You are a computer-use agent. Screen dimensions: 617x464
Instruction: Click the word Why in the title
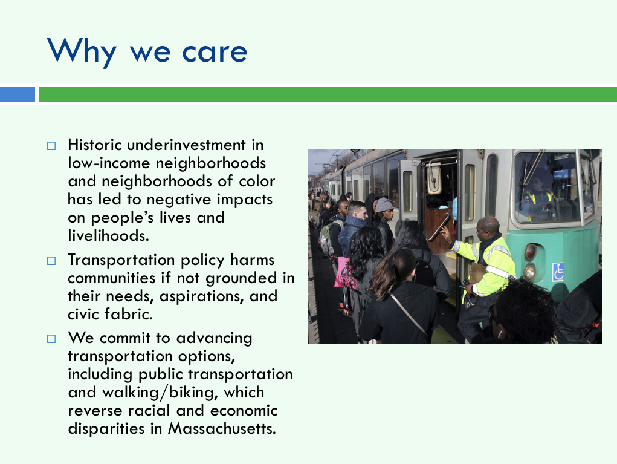pyautogui.click(x=82, y=51)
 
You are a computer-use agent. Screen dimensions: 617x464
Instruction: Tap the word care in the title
pyautogui.click(x=215, y=52)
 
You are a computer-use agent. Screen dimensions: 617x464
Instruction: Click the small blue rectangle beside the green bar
pyautogui.click(x=18, y=94)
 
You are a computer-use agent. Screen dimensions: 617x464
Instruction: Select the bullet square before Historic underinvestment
pyautogui.click(x=51, y=146)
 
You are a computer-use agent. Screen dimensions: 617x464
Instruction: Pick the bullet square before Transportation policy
pyautogui.click(x=51, y=261)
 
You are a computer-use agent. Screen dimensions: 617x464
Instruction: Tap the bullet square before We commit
pyautogui.click(x=51, y=339)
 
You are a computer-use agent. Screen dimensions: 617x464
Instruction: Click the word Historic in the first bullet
pyautogui.click(x=95, y=145)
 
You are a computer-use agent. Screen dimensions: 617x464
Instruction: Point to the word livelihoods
pyautogui.click(x=109, y=235)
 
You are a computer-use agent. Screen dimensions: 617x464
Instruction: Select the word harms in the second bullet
pyautogui.click(x=252, y=260)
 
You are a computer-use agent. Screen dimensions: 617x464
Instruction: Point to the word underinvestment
pyautogui.click(x=186, y=145)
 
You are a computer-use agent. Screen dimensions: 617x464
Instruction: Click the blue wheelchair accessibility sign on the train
pyautogui.click(x=558, y=272)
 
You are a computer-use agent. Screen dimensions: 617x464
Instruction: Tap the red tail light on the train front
pyautogui.click(x=531, y=252)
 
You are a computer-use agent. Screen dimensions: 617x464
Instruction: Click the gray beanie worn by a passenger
pyautogui.click(x=383, y=205)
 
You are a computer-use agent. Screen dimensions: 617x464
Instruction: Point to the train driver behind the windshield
pyautogui.click(x=537, y=194)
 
